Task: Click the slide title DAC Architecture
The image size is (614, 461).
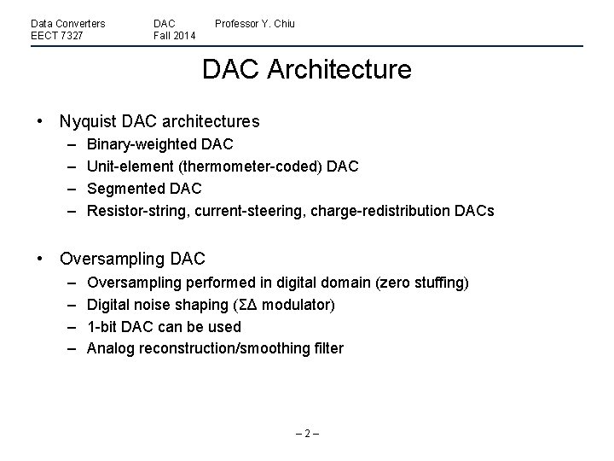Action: [x=306, y=69]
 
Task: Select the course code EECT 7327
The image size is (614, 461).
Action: [x=56, y=36]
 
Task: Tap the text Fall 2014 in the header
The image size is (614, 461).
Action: [x=174, y=36]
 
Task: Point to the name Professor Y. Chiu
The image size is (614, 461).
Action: [x=254, y=23]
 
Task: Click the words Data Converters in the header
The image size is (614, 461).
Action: [x=68, y=23]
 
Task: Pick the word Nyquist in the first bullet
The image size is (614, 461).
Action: [x=85, y=122]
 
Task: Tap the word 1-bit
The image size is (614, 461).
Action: [x=104, y=326]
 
